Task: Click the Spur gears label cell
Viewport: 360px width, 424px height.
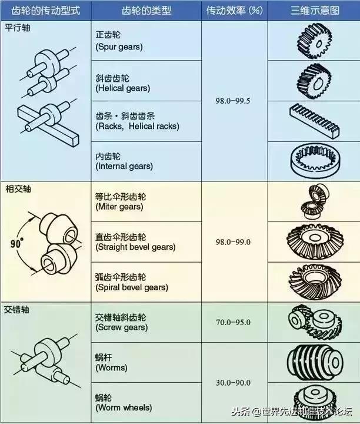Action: click(x=119, y=41)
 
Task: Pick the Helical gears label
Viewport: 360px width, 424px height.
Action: click(x=122, y=83)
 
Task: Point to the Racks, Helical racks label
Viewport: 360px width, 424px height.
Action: click(x=137, y=121)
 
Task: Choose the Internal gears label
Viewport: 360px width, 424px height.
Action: click(x=124, y=161)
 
